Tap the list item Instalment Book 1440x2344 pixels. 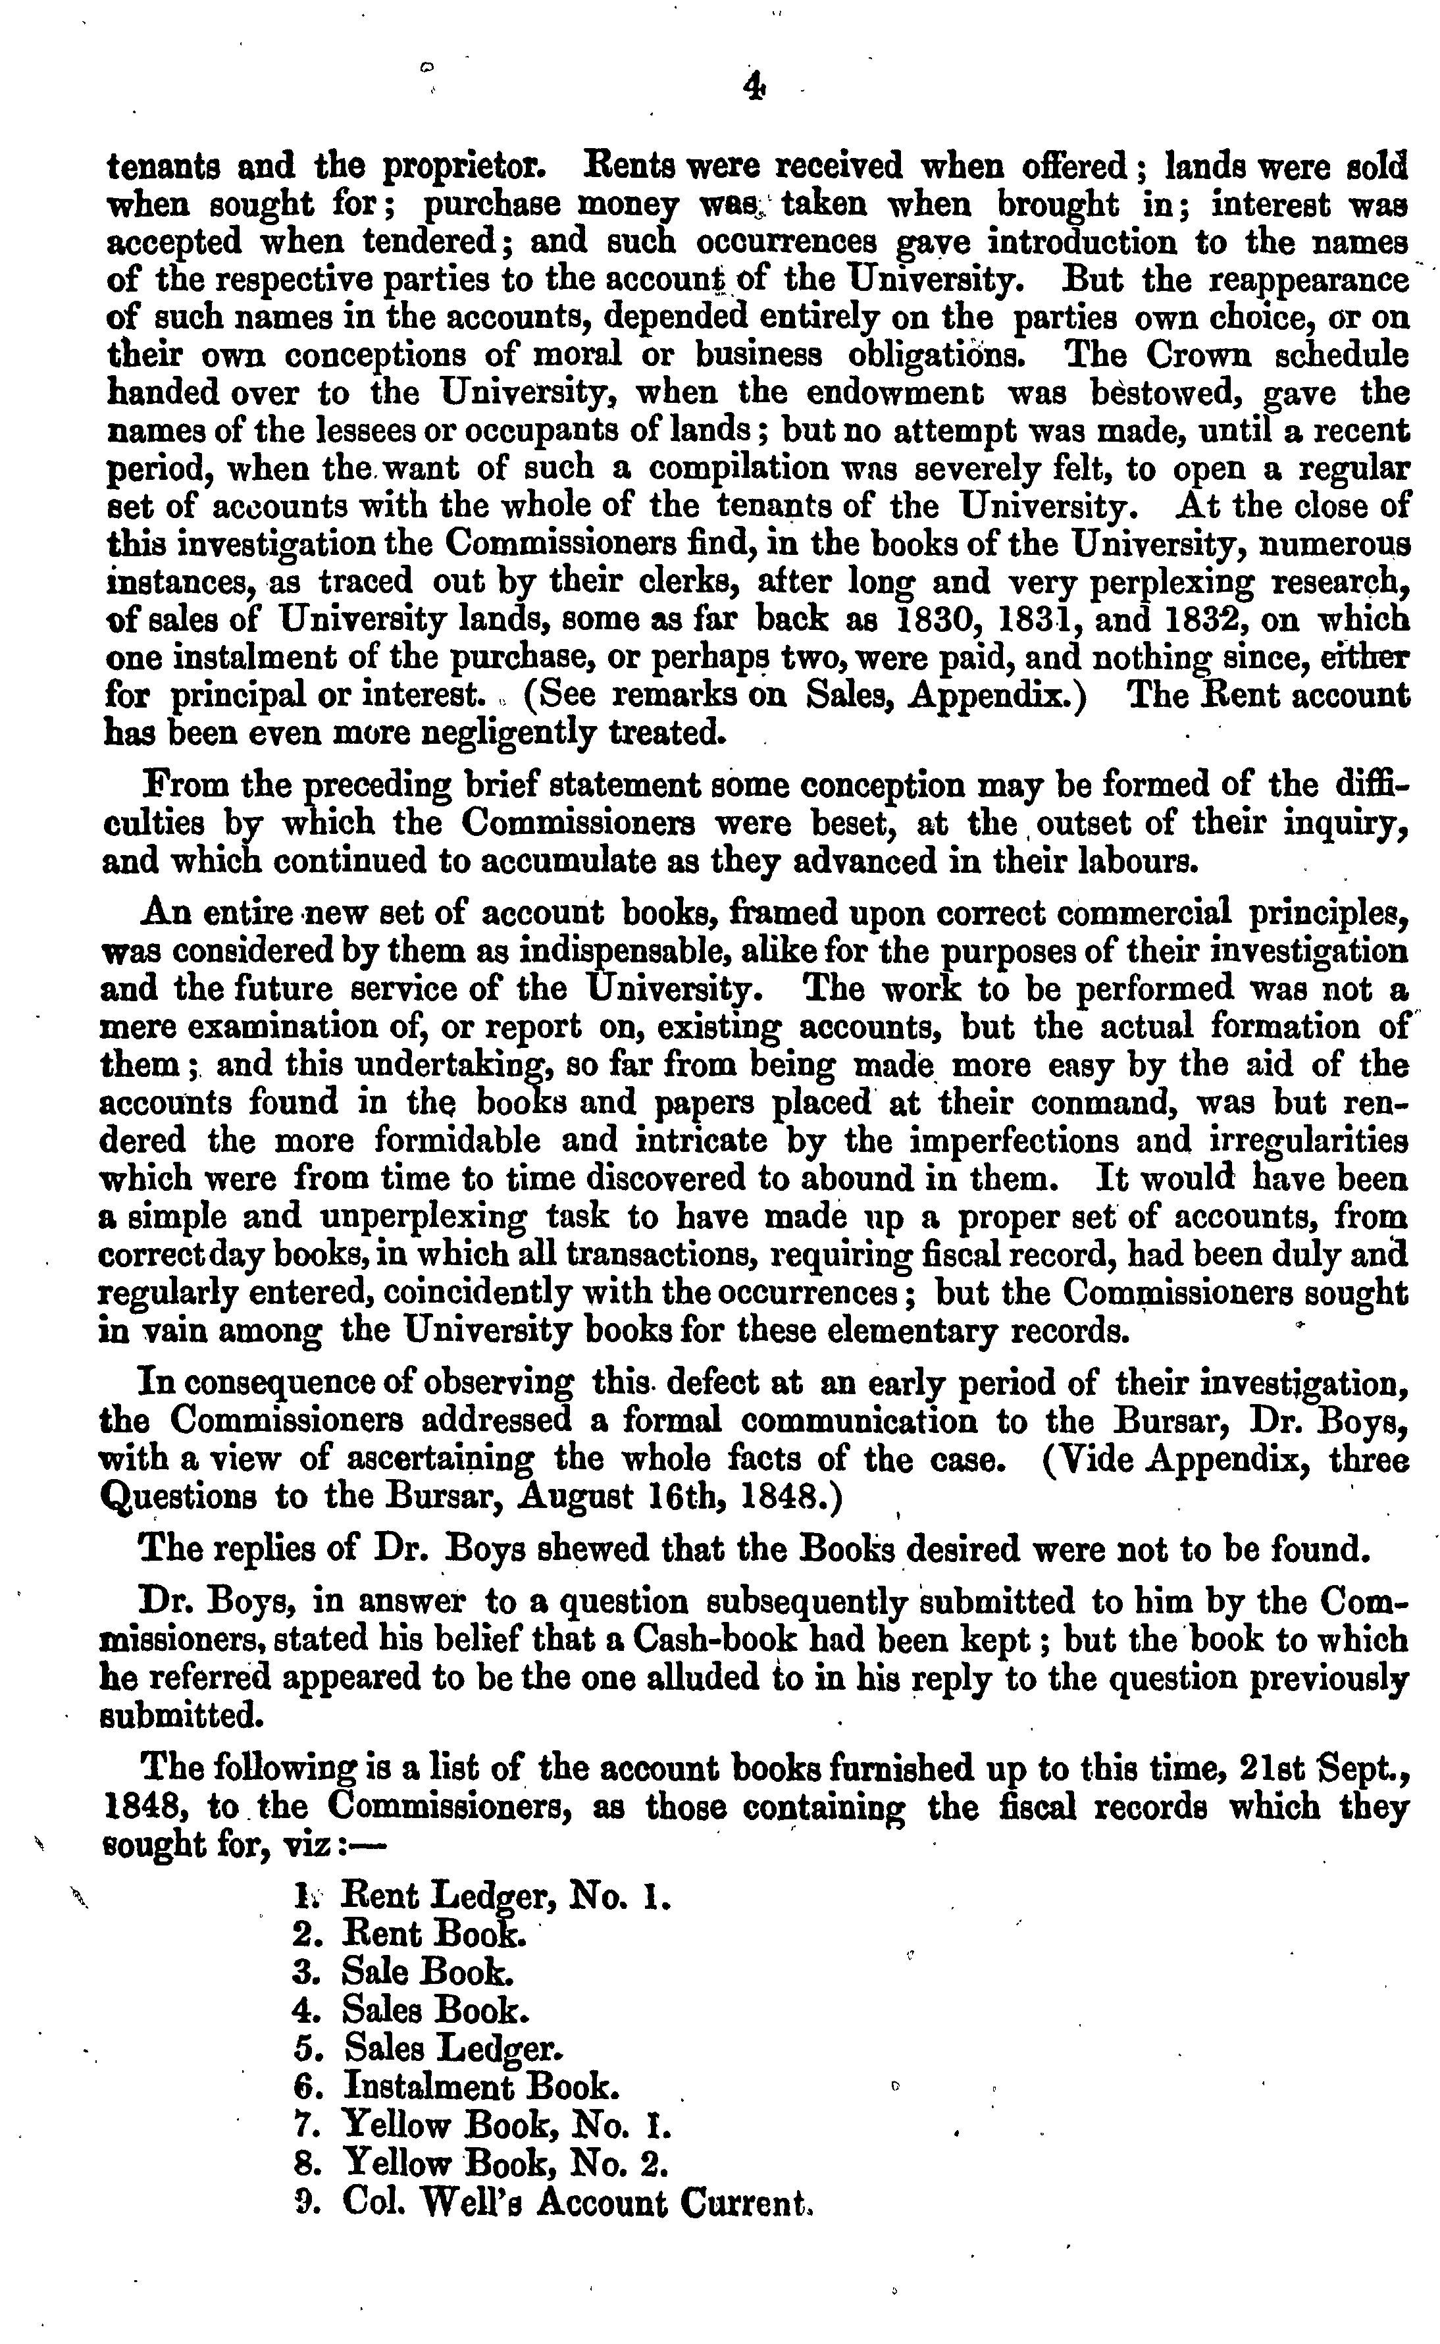[x=481, y=2086]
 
